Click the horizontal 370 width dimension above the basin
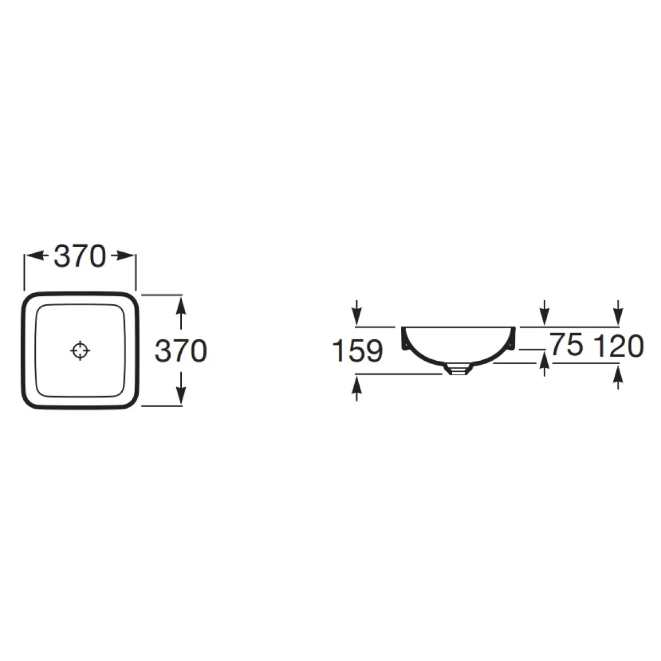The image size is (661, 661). pos(79,256)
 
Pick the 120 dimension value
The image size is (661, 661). pos(618,346)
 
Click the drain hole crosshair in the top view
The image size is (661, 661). pos(80,350)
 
